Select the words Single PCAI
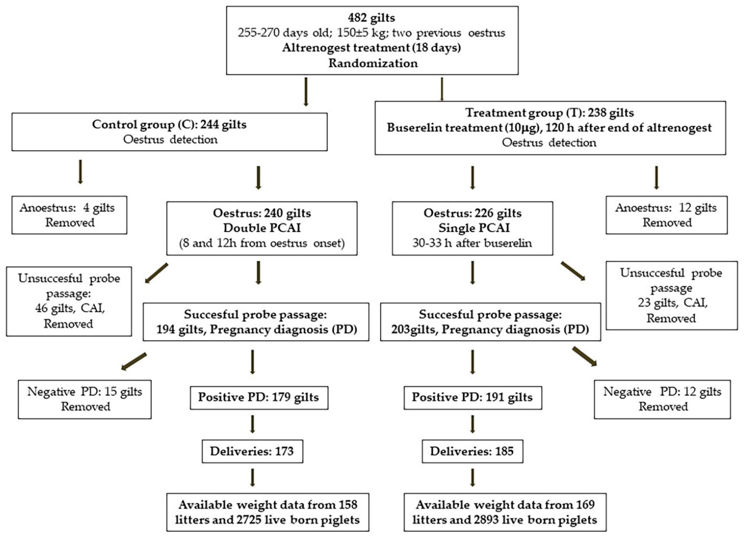tap(474, 228)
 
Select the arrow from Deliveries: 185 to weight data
tap(473, 478)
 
